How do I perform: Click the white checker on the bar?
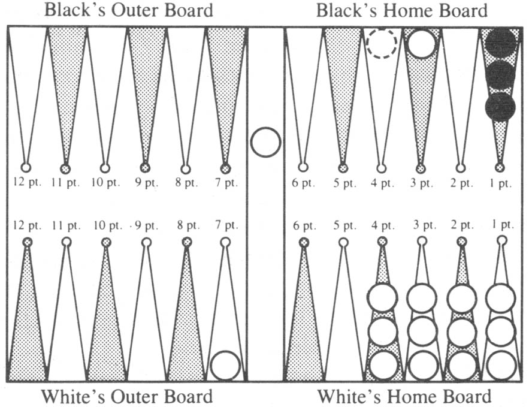[x=265, y=142]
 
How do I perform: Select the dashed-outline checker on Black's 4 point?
[x=382, y=43]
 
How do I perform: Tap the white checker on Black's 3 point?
[x=421, y=43]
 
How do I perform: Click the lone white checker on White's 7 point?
[x=225, y=366]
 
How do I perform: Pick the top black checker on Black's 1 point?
[x=501, y=42]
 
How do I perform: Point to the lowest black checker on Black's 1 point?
[x=500, y=106]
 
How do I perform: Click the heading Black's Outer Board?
[x=129, y=10]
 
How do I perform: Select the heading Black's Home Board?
[x=402, y=10]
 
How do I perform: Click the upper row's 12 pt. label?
[x=27, y=182]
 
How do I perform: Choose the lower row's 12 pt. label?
[x=27, y=225]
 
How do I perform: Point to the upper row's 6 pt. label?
[x=303, y=183]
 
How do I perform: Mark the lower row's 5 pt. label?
[x=344, y=225]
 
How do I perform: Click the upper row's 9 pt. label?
[x=146, y=183]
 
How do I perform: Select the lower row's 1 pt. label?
[x=503, y=224]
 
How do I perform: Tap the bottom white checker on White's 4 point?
[x=383, y=366]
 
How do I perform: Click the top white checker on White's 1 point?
[x=501, y=299]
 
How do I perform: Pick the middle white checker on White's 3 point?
[x=422, y=331]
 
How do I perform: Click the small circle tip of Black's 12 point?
[x=26, y=167]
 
